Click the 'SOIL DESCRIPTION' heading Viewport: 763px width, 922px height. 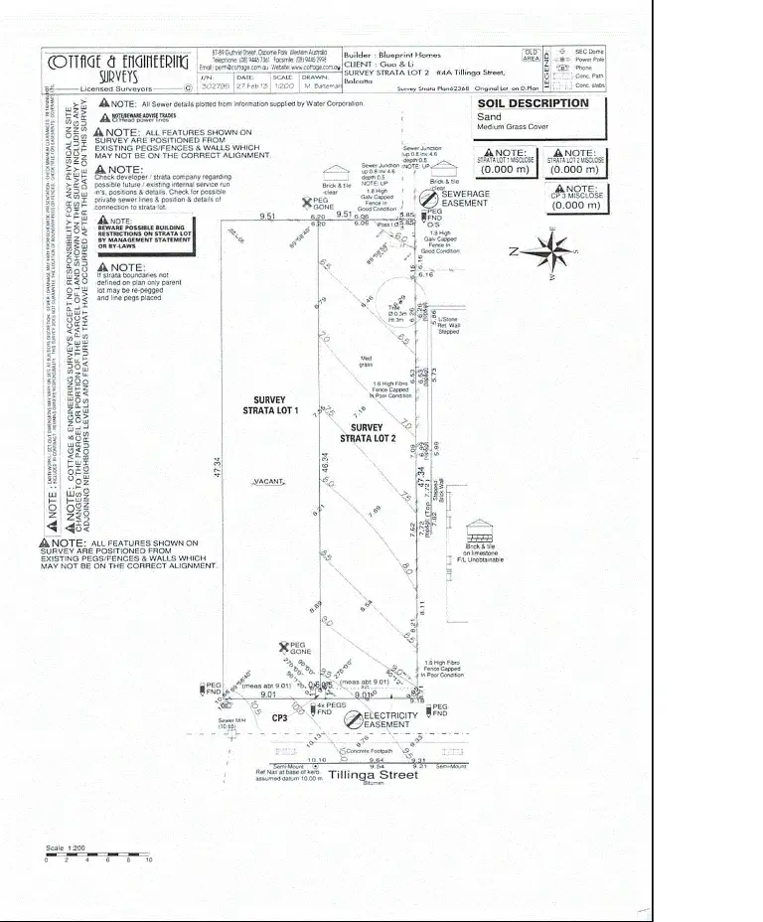533,103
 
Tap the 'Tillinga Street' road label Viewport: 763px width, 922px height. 373,775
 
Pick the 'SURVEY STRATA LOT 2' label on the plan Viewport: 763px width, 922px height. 368,432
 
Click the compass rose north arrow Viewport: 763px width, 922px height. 552,248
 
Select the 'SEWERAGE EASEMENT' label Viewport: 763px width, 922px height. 465,200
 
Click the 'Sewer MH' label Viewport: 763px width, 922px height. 230,723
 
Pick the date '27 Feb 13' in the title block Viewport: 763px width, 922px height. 247,86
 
